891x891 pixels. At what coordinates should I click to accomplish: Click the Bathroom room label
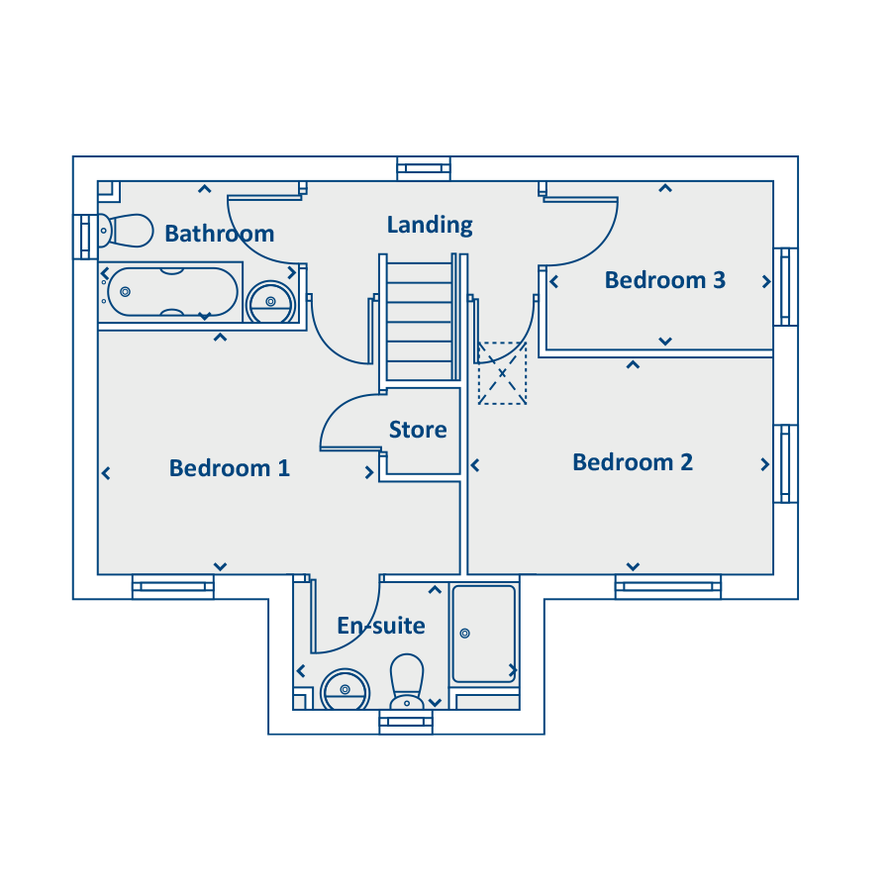220,234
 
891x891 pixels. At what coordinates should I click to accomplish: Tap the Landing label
430,225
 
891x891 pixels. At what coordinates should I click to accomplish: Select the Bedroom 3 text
665,280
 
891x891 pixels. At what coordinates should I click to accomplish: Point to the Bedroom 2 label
633,462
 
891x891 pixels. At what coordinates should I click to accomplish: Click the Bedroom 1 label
230,468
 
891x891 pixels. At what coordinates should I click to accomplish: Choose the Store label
418,430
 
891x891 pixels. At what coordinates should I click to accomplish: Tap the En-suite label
381,626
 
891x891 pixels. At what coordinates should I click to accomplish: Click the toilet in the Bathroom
126,231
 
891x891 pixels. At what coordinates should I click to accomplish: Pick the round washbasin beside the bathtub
270,302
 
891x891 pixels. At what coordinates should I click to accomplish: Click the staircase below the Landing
420,317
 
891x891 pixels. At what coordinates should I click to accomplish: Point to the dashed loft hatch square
502,373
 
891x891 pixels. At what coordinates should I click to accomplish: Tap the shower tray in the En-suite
483,634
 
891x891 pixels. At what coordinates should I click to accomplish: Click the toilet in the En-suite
407,681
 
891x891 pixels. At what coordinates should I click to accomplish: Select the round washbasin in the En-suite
345,690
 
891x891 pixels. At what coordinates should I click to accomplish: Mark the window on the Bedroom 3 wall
786,287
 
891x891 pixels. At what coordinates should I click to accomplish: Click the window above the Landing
424,168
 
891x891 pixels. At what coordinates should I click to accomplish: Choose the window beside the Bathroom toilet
85,237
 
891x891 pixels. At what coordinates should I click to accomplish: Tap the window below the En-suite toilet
406,723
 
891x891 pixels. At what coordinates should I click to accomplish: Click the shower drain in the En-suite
465,633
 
